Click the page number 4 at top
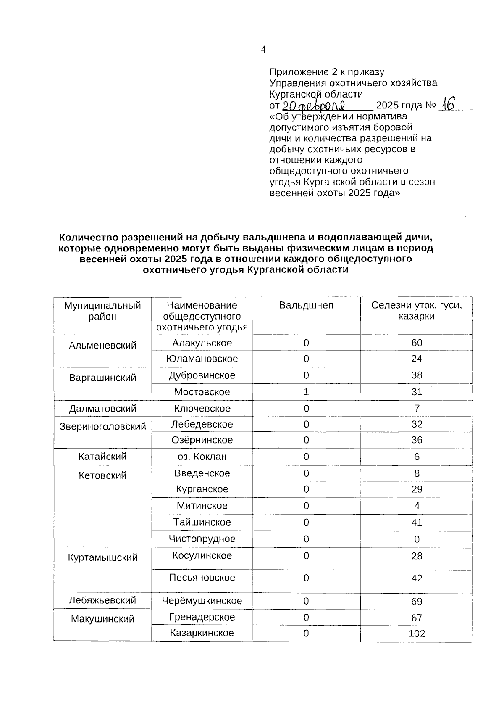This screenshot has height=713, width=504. click(x=263, y=50)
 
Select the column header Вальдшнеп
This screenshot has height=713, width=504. click(x=306, y=305)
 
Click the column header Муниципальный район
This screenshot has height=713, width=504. click(x=102, y=311)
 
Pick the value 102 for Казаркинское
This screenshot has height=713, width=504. click(x=417, y=634)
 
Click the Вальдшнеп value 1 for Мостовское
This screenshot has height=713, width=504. click(x=306, y=392)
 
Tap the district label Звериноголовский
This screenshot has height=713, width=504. click(x=102, y=426)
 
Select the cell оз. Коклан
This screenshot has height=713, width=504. click(x=202, y=457)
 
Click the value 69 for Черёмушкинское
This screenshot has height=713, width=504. click(x=417, y=601)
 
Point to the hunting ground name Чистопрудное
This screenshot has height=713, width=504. click(x=202, y=539)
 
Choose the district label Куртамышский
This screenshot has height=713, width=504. click(x=102, y=557)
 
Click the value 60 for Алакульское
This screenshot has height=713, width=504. click(x=417, y=343)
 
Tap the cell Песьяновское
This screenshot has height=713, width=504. click(x=202, y=577)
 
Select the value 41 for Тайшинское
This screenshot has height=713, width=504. click(x=417, y=522)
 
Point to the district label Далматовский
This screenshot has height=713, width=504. click(x=102, y=408)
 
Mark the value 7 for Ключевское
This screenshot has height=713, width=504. click(x=417, y=408)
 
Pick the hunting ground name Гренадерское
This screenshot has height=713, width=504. click(x=202, y=617)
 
